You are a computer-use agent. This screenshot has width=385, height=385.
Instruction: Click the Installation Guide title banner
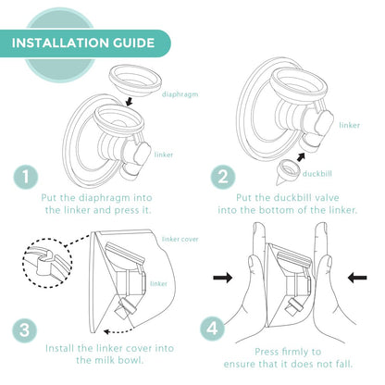pyautogui.click(x=85, y=43)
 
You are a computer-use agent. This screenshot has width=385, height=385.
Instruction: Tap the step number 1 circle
pyautogui.click(x=26, y=177)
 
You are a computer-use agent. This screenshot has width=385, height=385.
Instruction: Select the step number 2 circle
pyautogui.click(x=223, y=177)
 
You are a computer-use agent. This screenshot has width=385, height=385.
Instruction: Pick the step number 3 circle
pyautogui.click(x=24, y=330)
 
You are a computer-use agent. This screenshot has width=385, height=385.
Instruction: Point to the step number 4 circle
pyautogui.click(x=212, y=329)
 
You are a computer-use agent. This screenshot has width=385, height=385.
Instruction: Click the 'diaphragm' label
pyautogui.click(x=180, y=94)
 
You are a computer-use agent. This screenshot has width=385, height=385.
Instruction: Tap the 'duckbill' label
pyautogui.click(x=317, y=174)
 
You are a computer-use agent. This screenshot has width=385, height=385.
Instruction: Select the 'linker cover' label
pyautogui.click(x=180, y=239)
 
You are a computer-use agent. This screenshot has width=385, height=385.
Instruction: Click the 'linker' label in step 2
pyautogui.click(x=350, y=125)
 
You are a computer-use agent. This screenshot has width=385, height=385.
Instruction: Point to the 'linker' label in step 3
pyautogui.click(x=158, y=283)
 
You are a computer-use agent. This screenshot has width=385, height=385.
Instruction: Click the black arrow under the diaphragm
pyautogui.click(x=130, y=102)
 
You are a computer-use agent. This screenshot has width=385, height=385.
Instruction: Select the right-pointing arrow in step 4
pyautogui.click(x=223, y=278)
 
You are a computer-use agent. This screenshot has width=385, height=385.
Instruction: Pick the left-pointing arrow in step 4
pyautogui.click(x=357, y=278)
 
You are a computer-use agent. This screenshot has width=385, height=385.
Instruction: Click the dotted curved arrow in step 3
pyautogui.click(x=118, y=331)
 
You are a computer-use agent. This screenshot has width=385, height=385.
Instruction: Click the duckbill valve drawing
pyautogui.click(x=288, y=173)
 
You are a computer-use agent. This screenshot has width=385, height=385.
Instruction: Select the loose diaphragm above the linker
pyautogui.click(x=135, y=82)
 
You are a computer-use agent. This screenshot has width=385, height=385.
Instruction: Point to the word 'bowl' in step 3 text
pyautogui.click(x=131, y=360)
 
